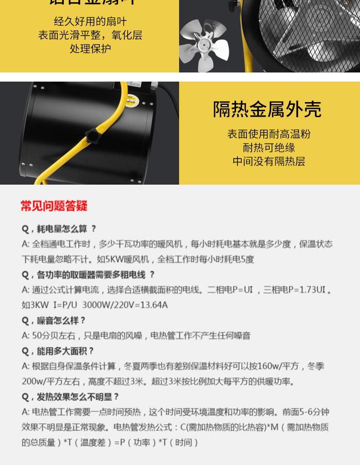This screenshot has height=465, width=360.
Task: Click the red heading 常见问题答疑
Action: [x=54, y=206]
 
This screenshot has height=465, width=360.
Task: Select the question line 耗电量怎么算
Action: [x=59, y=229]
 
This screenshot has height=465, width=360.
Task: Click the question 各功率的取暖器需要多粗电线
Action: [x=88, y=275]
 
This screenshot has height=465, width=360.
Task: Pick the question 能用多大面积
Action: [x=58, y=351]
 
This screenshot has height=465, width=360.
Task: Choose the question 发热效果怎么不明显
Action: [x=71, y=397]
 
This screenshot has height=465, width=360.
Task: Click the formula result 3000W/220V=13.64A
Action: [x=125, y=305]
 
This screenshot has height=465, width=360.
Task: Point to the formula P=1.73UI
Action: [x=305, y=290]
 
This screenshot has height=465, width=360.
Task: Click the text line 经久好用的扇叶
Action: [x=90, y=21]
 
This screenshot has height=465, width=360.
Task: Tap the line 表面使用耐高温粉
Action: [x=269, y=134]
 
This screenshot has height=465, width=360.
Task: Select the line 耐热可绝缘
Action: [x=269, y=148]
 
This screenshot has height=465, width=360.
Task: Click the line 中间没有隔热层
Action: [x=269, y=161]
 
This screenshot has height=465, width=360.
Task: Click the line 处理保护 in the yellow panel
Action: [x=90, y=49]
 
